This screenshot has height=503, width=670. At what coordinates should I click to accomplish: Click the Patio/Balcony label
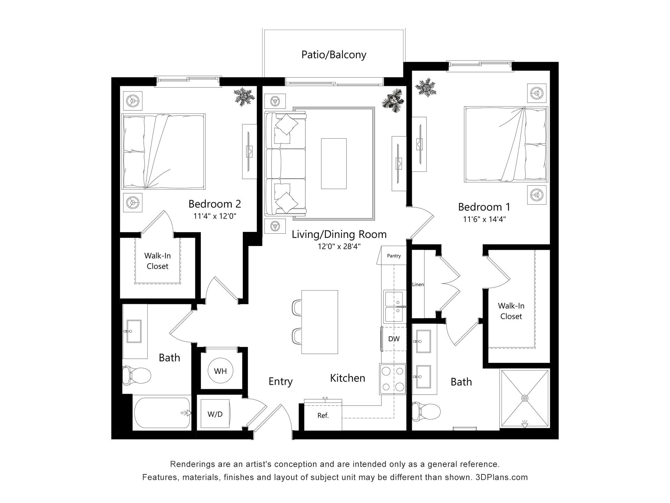[334, 55]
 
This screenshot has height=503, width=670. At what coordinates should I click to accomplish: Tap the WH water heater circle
[220, 371]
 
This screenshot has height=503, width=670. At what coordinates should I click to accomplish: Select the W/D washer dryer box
[215, 414]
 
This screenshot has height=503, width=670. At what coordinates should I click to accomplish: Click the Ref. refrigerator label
[323, 416]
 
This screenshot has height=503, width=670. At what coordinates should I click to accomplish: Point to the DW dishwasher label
[394, 339]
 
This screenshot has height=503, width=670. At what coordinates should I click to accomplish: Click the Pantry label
[394, 256]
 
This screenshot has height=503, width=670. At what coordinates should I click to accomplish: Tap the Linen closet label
[418, 284]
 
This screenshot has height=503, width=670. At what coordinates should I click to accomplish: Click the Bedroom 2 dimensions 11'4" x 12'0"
[215, 216]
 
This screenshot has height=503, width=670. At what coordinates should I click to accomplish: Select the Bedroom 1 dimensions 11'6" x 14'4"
[484, 219]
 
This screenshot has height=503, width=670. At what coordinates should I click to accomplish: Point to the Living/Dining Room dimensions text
[339, 247]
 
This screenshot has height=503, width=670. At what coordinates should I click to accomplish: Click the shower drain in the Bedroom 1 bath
[524, 398]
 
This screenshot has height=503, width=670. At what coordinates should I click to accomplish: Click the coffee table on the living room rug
[334, 163]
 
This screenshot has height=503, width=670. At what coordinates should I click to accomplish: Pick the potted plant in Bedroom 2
[244, 96]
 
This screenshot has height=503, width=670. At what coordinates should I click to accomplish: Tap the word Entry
[281, 382]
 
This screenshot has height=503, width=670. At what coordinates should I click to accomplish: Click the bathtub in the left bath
[163, 413]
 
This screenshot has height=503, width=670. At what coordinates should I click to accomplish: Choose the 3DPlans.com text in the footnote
[501, 478]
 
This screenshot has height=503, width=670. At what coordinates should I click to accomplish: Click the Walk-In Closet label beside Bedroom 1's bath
[511, 311]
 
